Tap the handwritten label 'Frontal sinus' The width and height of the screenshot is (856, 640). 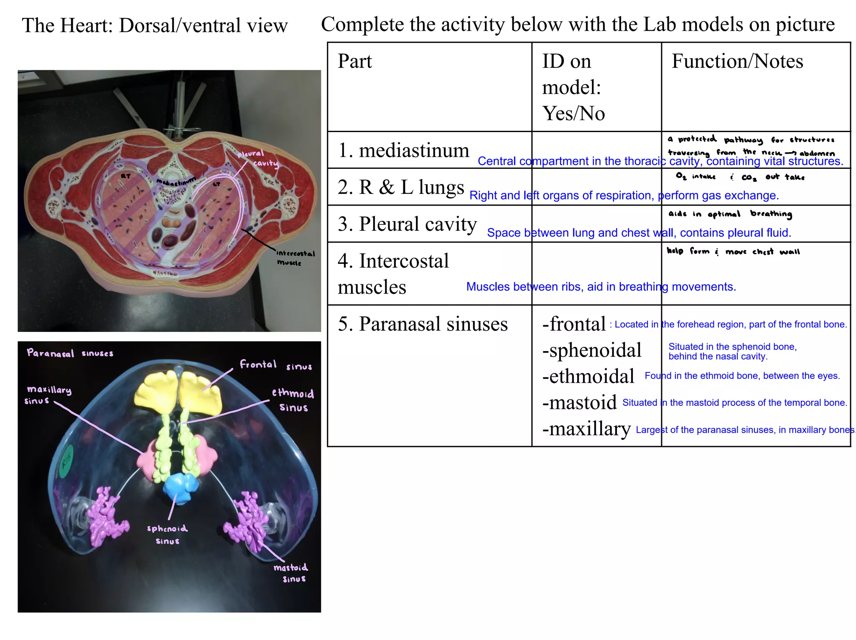coord(275,365)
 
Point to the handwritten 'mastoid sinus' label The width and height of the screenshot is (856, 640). coord(291,573)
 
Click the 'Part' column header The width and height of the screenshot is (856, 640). coord(354,61)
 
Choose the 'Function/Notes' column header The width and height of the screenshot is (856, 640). coord(737,61)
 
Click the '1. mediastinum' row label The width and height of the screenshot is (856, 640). coord(403,150)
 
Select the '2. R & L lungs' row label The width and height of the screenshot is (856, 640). coord(400,187)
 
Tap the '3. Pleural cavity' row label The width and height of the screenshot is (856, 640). coord(407,224)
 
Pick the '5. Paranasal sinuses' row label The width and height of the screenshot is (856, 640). coord(423,324)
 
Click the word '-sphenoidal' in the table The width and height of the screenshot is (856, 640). coord(591,350)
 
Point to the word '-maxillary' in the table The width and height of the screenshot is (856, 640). coord(586,429)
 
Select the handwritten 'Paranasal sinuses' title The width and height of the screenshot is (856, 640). coord(70,353)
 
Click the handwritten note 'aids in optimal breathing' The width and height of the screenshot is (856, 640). coord(730,214)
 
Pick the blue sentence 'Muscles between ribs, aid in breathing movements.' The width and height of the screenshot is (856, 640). coord(601,287)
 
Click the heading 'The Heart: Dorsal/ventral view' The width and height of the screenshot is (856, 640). coord(155,25)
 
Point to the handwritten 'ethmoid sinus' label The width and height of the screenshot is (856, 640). coord(293,400)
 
